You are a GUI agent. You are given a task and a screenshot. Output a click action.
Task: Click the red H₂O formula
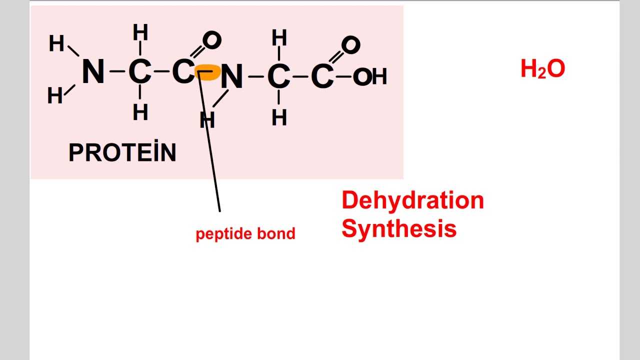pos(542,69)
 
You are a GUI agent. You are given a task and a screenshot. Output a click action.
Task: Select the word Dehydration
pos(412,200)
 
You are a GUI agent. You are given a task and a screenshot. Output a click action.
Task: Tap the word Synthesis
pos(399,229)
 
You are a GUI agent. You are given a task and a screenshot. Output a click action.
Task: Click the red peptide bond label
pos(245,233)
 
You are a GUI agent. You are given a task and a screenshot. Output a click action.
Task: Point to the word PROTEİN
pos(122,152)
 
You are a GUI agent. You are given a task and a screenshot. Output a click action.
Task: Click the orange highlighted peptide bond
pos(207,73)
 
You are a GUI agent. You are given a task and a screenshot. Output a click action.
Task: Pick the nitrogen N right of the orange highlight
pos(231,77)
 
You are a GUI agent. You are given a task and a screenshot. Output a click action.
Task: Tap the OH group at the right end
pos(369,77)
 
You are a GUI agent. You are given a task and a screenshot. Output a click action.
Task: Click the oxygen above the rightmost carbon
pos(350,45)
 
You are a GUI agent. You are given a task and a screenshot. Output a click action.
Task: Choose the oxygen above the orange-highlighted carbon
pos(211,40)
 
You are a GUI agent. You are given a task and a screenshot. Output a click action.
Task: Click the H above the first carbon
pos(140,33)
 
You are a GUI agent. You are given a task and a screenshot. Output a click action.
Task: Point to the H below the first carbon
pos(140,112)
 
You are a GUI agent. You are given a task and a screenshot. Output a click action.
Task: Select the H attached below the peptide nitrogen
pos(207,120)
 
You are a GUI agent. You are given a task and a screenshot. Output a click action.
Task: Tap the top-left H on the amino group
pos(56,44)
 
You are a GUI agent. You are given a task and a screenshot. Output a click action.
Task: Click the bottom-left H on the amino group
pos(55,95)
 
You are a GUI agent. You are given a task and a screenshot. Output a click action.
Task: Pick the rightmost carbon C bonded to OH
pos(322,77)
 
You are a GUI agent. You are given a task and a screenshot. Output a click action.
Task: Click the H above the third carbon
pos(279,38)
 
